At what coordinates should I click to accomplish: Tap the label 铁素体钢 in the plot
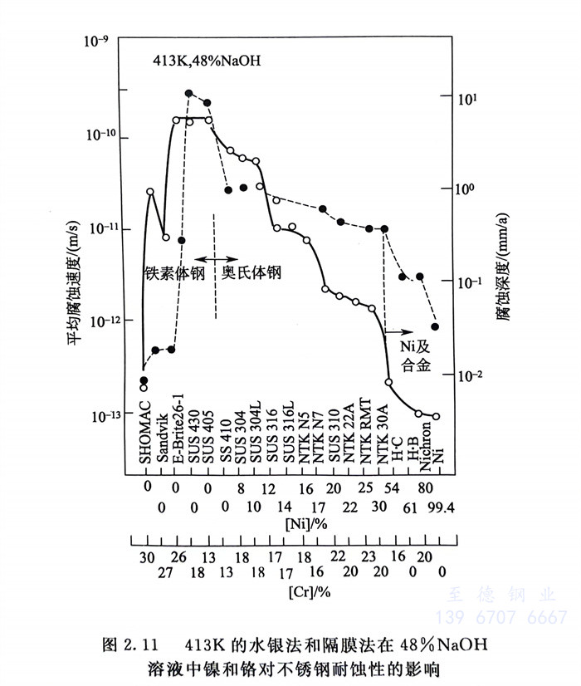tap(173, 272)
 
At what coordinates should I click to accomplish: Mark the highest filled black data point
tap(189, 94)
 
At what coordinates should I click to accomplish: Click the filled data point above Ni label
tap(436, 326)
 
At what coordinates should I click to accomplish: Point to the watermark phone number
tap(502, 617)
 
